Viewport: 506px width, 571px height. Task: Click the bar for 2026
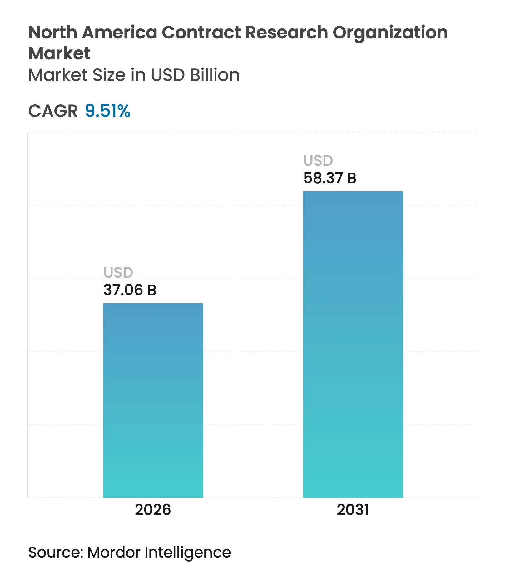[153, 400]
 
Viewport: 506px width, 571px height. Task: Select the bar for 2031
[353, 344]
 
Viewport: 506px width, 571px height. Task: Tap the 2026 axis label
[153, 510]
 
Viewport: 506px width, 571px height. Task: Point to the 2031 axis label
[353, 510]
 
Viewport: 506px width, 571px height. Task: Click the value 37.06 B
[130, 290]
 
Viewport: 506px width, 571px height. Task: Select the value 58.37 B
[330, 178]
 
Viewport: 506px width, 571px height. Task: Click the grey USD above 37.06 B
[118, 272]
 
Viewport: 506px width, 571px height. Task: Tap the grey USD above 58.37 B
[318, 160]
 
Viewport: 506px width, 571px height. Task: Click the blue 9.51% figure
[107, 111]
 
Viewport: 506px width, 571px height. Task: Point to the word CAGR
[53, 111]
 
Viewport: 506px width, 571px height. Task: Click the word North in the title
[52, 33]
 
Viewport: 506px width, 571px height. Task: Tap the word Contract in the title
[201, 33]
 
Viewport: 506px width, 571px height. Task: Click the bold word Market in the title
[59, 53]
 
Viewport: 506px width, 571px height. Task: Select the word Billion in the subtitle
[215, 75]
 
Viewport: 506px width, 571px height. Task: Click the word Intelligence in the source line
[188, 553]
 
